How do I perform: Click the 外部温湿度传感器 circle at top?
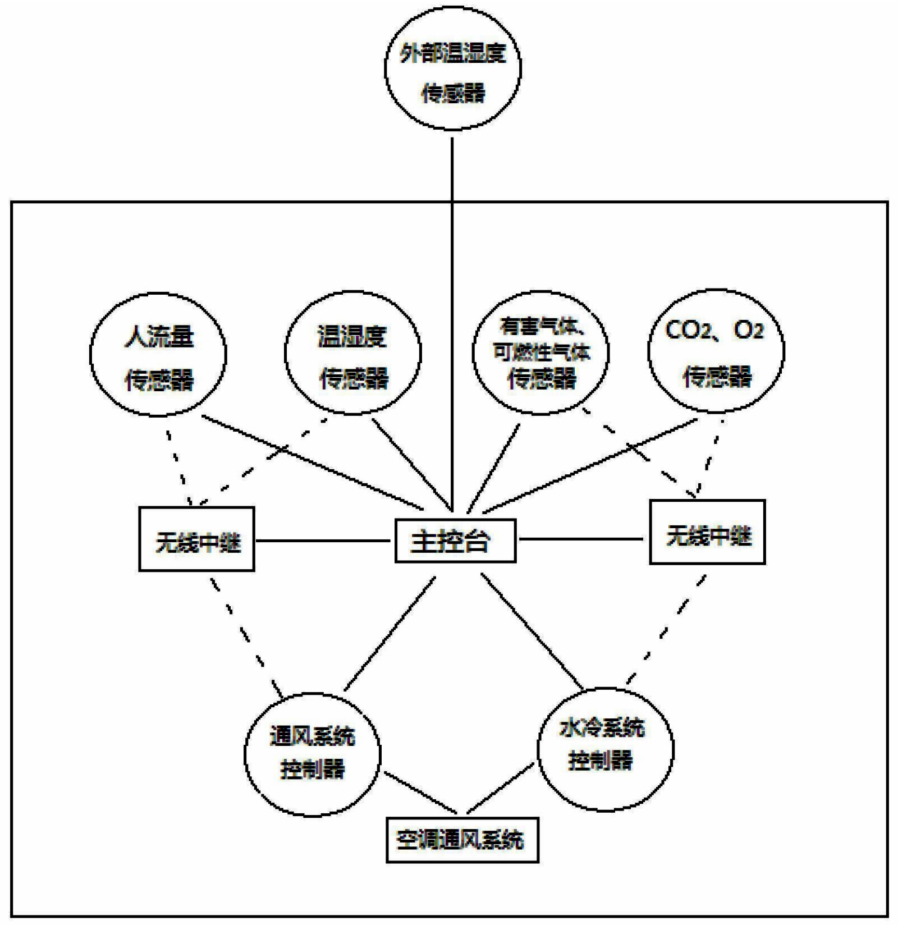tap(452, 68)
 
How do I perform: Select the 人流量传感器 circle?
tap(158, 355)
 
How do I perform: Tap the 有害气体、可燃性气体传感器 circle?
tap(540, 354)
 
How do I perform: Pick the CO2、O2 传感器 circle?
tap(716, 352)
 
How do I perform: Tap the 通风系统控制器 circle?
tap(313, 755)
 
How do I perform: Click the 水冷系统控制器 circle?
tap(605, 749)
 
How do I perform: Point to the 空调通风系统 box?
tap(462, 840)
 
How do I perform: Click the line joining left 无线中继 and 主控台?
tap(323, 541)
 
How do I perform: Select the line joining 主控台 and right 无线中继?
tap(581, 539)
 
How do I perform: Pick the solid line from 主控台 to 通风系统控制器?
tap(390, 634)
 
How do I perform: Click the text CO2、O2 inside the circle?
tap(714, 330)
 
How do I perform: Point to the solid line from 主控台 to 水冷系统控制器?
tap(532, 631)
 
